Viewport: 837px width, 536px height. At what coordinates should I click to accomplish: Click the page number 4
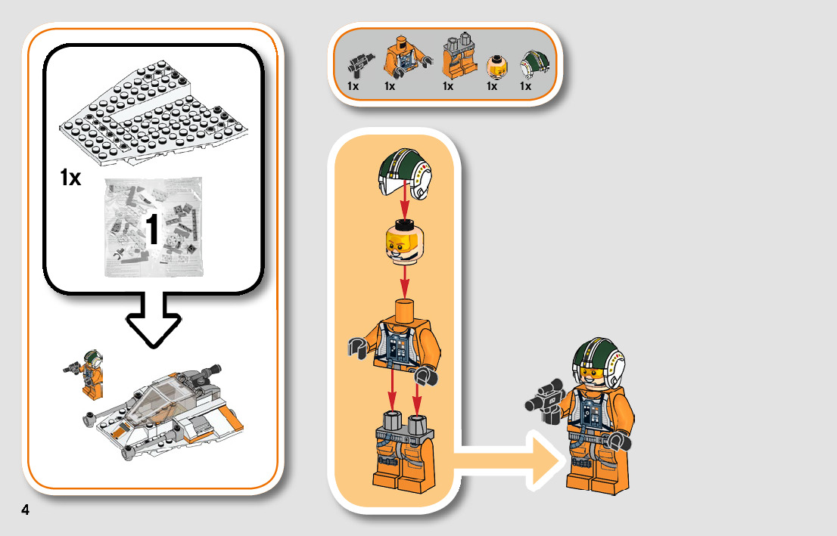coord(26,510)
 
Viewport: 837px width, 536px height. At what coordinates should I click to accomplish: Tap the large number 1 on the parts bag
coord(151,231)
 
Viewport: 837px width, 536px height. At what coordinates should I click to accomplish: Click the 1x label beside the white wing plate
coord(70,178)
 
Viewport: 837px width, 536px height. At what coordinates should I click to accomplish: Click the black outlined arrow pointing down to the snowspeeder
coord(152,321)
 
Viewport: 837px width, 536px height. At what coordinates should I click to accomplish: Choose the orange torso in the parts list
coord(401,57)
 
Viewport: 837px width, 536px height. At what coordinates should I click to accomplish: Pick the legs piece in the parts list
coord(457,57)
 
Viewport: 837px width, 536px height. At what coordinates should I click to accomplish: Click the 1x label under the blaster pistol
coord(353,86)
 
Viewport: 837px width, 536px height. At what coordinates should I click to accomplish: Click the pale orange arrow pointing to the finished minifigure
coord(507,459)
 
